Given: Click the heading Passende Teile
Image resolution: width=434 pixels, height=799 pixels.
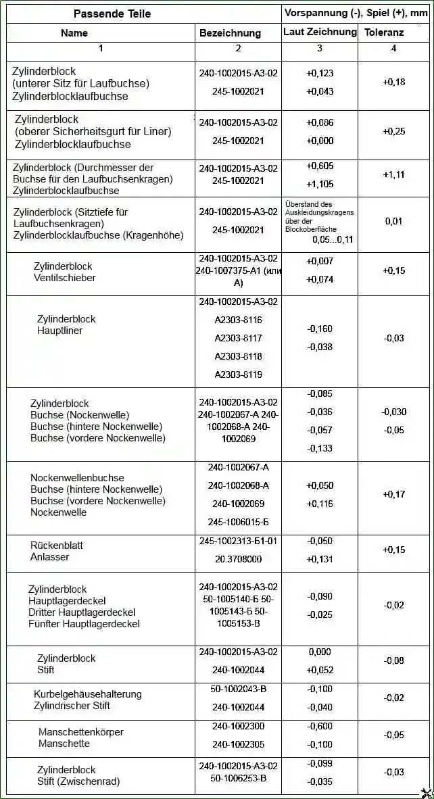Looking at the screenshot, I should coord(112,14).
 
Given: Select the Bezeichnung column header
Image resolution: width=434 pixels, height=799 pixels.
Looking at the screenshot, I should coord(230,33).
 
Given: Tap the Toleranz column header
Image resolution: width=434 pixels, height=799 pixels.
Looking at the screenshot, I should coord(384,32).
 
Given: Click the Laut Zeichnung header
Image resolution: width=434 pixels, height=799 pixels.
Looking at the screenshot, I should coord(320,32).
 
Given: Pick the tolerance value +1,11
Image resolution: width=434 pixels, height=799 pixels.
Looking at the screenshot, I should coord(393,174).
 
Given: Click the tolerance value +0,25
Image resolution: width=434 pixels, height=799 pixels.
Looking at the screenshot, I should coord(393,131).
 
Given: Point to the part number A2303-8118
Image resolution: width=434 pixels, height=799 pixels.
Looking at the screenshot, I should coord(238,356).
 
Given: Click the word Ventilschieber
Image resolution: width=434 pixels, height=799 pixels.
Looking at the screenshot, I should coord(64,278).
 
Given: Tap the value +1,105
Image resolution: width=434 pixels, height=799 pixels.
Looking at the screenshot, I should coord(320,184).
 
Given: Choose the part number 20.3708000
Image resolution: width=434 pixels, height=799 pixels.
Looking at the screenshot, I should coord(238,559).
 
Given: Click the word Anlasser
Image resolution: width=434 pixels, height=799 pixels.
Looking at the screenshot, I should coord(49,557).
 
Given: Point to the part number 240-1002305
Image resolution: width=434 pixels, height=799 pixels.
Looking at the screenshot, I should coord(238,744).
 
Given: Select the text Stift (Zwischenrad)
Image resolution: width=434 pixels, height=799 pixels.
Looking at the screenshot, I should coord(78,781).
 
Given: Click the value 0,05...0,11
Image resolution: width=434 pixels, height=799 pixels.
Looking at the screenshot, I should coord(333,239).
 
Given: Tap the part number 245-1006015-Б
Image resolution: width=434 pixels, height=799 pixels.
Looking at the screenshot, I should coord(238,522).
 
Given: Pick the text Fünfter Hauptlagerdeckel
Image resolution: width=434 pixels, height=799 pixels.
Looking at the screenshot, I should coord(84,624).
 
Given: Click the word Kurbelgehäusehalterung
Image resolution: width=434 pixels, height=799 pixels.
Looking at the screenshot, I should coord(88,694).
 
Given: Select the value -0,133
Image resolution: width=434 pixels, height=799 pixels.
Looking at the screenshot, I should coord(320,448).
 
